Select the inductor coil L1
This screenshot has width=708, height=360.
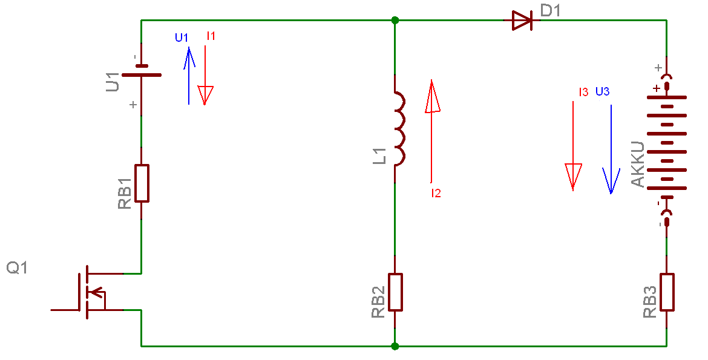pos(399,128)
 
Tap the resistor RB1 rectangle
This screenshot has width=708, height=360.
pos(142,183)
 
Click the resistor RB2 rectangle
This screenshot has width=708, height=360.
pos(395,292)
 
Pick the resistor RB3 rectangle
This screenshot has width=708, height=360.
pos(667,292)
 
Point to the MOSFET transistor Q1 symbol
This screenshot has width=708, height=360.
pos(91,292)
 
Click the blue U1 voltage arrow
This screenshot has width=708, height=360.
pos(189,76)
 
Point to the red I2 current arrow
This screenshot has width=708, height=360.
pos(431,131)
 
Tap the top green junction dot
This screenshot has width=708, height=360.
pos(395,21)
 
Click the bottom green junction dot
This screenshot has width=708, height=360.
pos(395,347)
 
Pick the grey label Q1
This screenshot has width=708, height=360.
pos(17,267)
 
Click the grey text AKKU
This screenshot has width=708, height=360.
pos(638,165)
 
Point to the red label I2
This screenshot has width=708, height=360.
pos(436,194)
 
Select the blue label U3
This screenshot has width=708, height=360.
pos(602,92)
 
